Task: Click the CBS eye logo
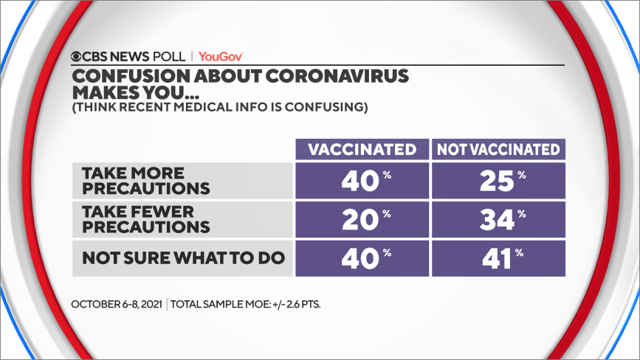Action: (78, 56)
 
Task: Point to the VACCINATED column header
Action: (362, 149)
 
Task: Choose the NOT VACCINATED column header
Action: (498, 149)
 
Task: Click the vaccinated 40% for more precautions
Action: (362, 180)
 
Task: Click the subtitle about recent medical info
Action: (219, 108)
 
